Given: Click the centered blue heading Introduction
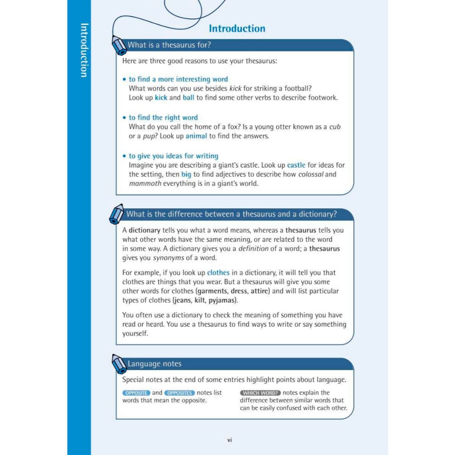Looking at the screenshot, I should [237, 29].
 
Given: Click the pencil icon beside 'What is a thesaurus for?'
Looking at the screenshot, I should [119, 45].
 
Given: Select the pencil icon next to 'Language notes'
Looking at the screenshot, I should [119, 364].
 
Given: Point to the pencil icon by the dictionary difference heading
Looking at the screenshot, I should [116, 214].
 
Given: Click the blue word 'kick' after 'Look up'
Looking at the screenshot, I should [161, 98].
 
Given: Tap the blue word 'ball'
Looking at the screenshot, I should [188, 98].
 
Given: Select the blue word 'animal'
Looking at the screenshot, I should [196, 136].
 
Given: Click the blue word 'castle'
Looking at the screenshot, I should [296, 165].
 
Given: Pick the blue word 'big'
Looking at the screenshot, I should [186, 174].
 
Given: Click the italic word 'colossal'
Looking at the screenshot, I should [311, 174].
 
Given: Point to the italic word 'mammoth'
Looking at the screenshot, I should [145, 183].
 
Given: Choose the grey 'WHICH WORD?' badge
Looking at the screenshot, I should [260, 393].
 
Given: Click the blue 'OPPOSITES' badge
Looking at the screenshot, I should [180, 393].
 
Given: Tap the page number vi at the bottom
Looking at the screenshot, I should [230, 440].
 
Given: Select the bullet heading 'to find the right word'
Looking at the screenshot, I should [163, 118].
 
